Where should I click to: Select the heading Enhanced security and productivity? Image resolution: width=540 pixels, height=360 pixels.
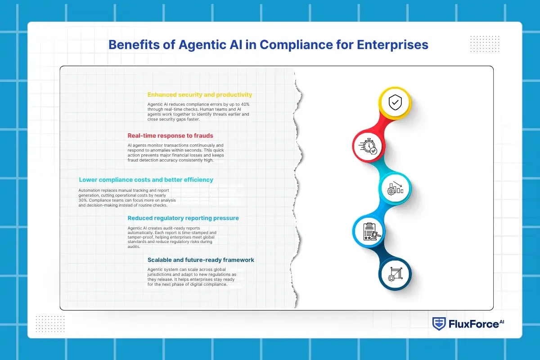click(x=200, y=95)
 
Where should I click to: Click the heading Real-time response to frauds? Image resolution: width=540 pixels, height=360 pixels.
click(x=170, y=135)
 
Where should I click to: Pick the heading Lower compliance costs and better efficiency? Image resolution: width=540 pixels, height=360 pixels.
click(x=146, y=180)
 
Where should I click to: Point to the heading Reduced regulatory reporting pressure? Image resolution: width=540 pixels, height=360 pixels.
click(x=183, y=218)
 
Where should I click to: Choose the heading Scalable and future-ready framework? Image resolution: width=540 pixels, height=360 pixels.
click(x=201, y=260)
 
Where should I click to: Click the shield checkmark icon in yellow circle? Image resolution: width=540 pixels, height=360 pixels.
click(x=395, y=103)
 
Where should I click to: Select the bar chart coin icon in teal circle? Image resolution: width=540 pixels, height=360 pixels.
click(x=395, y=188)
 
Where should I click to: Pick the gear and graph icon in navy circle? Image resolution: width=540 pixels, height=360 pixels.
click(x=395, y=273)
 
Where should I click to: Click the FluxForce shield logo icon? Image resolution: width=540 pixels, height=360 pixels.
click(x=439, y=324)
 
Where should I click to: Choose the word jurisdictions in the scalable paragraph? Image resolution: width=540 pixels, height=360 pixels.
click(x=162, y=274)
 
